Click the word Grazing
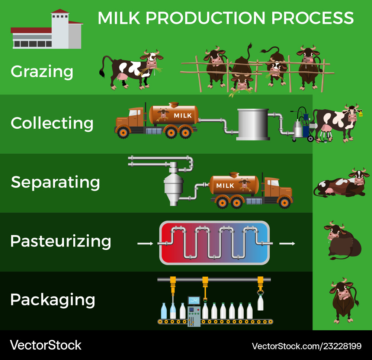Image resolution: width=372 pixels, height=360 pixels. click(42, 71)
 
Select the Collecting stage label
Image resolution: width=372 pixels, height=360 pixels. click(52, 123)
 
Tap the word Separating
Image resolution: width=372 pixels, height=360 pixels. click(55, 182)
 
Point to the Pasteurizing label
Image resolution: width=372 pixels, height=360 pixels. click(61, 241)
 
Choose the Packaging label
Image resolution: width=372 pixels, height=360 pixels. click(53, 300)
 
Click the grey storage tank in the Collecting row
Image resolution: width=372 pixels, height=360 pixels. click(253, 124)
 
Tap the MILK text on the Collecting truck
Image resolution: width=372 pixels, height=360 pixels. click(183, 116)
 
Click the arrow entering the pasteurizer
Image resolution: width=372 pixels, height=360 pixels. click(145, 244)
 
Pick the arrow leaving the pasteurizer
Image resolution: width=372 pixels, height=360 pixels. click(287, 244)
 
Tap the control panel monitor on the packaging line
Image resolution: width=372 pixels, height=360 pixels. click(194, 300)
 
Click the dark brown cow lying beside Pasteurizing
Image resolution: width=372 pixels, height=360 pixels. click(343, 242)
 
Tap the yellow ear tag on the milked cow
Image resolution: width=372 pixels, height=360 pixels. click(360, 115)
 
